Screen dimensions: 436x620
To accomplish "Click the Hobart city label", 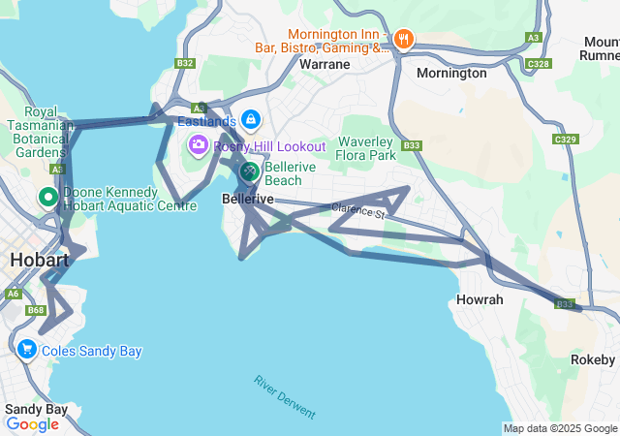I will point(39,260).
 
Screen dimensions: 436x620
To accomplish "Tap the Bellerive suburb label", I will point(247,199).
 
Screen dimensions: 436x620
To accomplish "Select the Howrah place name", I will point(480,299).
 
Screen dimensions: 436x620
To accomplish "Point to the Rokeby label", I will point(593,359).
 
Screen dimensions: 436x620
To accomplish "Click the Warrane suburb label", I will point(325,64).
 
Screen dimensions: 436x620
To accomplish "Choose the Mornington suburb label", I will point(451,73).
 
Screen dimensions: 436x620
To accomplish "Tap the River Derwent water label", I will point(285,396).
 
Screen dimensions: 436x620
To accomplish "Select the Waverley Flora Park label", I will point(365,148).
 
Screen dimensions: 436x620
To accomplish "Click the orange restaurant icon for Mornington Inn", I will point(404,40).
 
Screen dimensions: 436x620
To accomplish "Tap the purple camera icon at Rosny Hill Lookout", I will point(199,145).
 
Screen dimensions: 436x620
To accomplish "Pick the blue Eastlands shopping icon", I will point(251,119).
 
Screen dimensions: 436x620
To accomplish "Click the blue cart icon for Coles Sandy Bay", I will point(25,350).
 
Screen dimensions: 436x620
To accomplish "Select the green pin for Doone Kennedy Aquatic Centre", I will point(47,198).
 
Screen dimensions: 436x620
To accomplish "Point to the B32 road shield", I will point(185,63).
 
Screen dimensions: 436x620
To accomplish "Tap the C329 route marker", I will point(565,140).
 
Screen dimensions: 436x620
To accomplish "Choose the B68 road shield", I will point(36,310).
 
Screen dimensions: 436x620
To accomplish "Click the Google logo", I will point(32,423).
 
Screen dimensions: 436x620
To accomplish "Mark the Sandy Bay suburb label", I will point(35,410).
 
